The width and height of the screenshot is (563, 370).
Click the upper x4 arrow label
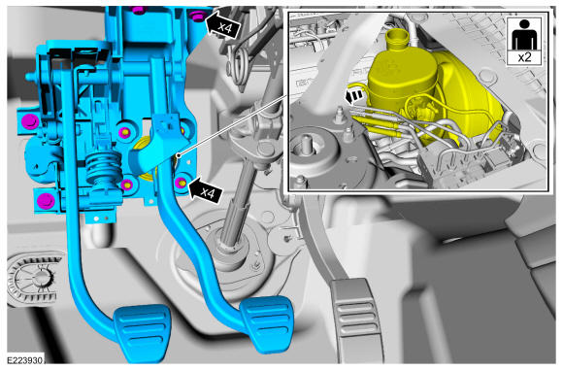click(x=222, y=25)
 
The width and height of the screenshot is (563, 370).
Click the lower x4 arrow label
click(x=205, y=190)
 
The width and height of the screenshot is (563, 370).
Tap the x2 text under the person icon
click(x=524, y=57)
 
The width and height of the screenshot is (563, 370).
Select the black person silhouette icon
click(x=524, y=35)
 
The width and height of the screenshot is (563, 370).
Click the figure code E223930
click(x=24, y=360)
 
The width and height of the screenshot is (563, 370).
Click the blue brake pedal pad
click(x=267, y=320)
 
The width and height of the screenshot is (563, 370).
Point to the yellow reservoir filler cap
click(x=397, y=37)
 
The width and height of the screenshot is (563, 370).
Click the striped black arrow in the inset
click(x=354, y=96)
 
